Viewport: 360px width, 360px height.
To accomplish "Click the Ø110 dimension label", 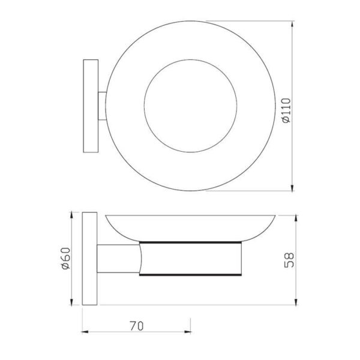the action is (286, 110).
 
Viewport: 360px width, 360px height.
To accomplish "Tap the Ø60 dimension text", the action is (65, 258).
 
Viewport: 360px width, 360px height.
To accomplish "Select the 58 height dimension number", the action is (289, 260).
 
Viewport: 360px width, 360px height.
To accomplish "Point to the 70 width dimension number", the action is (137, 326).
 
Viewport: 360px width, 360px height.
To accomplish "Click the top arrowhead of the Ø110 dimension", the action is (292, 25).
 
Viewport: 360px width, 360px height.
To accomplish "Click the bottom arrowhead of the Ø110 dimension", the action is (292, 188).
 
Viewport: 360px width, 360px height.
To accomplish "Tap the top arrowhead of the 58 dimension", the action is (296, 219).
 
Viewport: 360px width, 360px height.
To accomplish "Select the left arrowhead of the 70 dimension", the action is (85, 332).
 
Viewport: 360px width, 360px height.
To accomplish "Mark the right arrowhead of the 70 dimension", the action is (187, 332).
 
